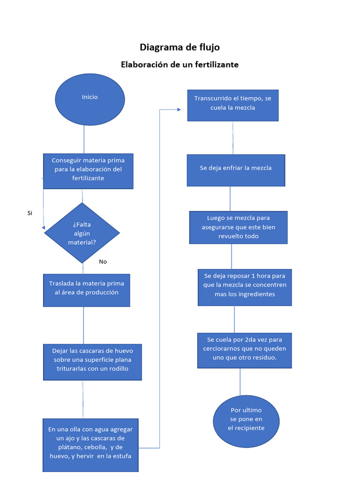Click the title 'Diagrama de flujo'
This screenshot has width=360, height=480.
(x=180, y=47)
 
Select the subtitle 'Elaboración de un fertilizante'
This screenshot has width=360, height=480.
(x=180, y=65)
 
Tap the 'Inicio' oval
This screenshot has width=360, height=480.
(x=90, y=99)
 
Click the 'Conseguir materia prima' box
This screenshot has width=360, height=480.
(x=88, y=171)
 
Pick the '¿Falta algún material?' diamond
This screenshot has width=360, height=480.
(x=82, y=233)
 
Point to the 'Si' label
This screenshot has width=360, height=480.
(x=30, y=213)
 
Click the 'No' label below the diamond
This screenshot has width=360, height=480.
(x=103, y=262)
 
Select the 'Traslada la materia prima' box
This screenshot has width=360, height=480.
(x=86, y=290)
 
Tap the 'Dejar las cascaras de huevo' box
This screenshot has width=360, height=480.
(x=92, y=362)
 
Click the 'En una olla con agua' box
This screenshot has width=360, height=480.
(x=90, y=445)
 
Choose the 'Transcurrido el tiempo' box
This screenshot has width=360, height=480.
(x=232, y=105)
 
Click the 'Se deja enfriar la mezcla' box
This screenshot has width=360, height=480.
(x=236, y=170)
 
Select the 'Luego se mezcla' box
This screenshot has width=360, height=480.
(x=238, y=227)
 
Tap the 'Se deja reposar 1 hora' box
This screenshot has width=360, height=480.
(x=245, y=287)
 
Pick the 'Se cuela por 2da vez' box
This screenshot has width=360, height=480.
(x=245, y=350)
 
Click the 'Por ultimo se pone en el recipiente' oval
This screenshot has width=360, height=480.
(x=246, y=421)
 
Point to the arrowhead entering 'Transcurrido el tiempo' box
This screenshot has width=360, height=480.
(x=179, y=110)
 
